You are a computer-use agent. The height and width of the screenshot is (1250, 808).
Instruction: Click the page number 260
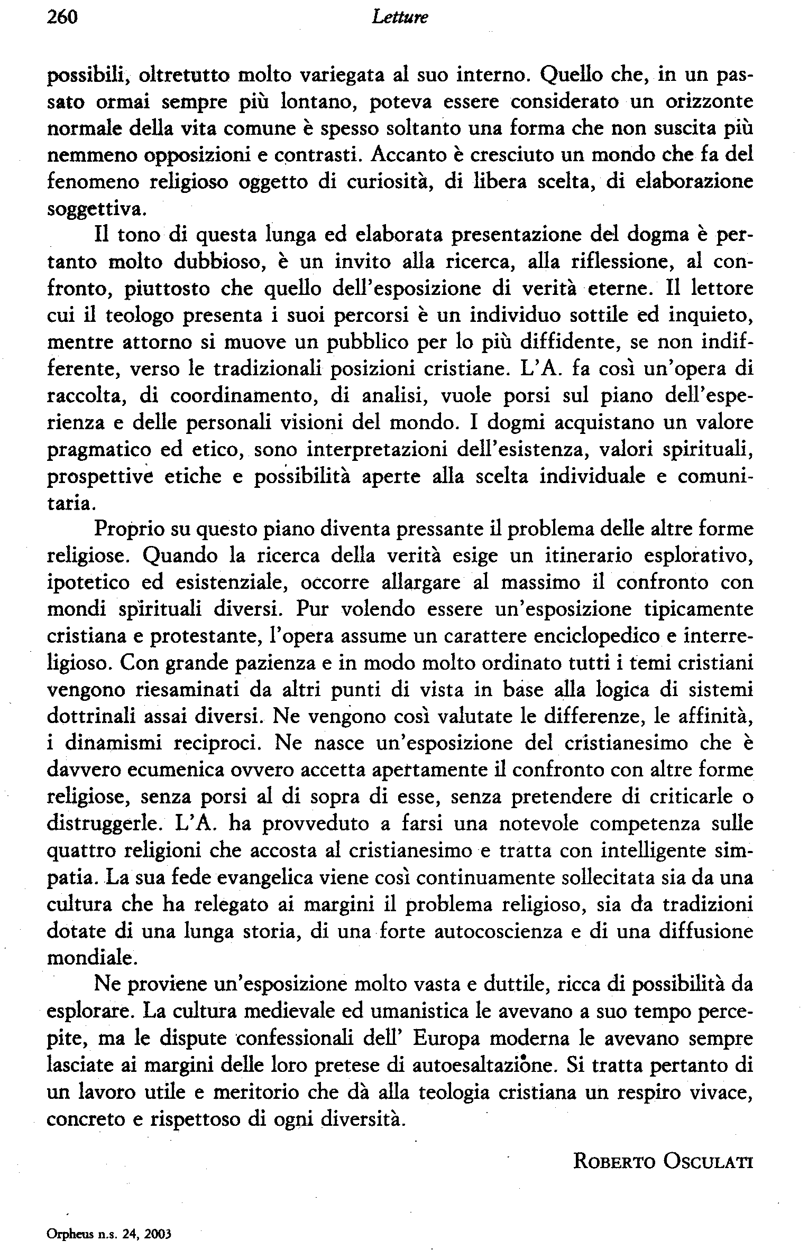(62, 18)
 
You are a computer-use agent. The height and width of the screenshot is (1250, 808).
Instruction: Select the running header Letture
(400, 18)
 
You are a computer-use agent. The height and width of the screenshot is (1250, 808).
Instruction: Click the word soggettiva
(95, 210)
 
